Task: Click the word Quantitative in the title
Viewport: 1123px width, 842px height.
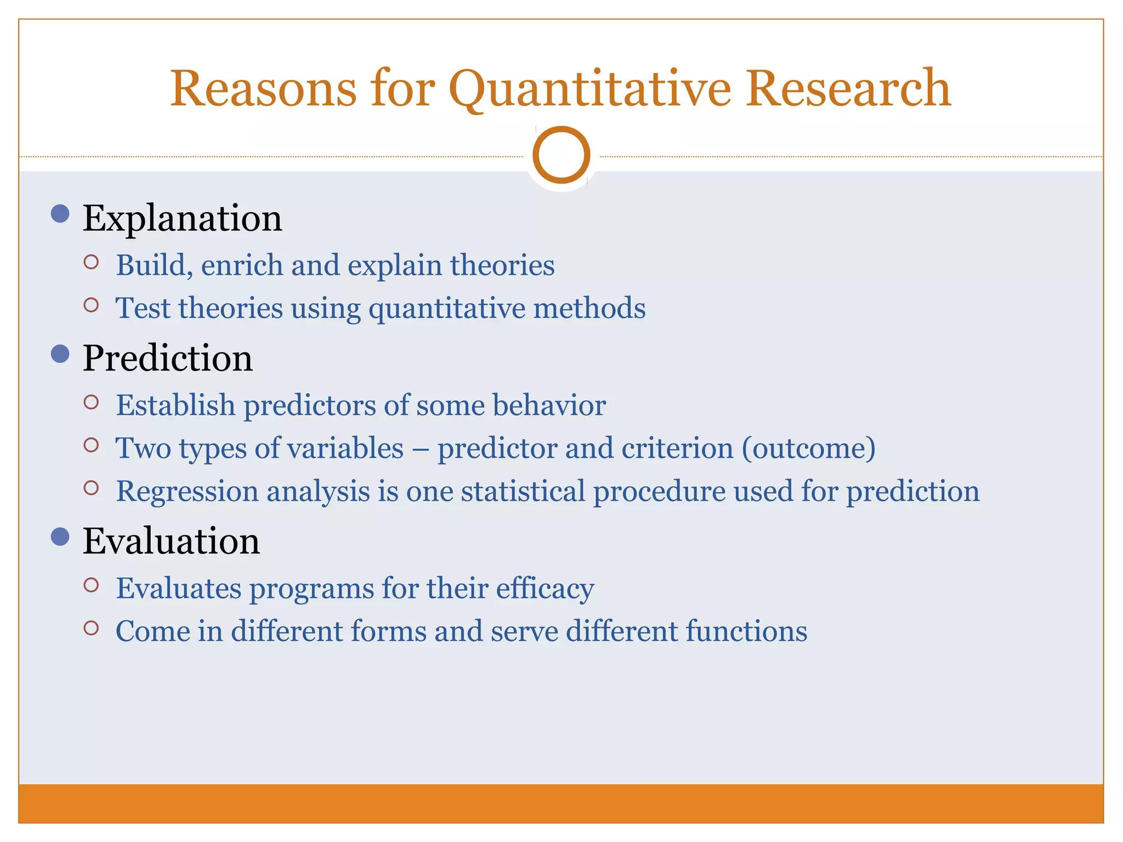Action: point(590,89)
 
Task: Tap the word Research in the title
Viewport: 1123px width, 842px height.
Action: point(848,88)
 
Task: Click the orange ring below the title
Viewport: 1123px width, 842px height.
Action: point(561,155)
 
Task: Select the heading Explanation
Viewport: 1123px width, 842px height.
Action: point(182,219)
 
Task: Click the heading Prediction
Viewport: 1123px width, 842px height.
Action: point(167,359)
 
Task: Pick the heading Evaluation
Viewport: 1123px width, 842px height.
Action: point(171,541)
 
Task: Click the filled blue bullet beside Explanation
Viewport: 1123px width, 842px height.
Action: point(60,213)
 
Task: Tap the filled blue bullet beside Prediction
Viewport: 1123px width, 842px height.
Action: point(60,354)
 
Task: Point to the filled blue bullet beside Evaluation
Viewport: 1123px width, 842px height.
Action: point(60,536)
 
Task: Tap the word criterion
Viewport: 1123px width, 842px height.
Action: point(677,448)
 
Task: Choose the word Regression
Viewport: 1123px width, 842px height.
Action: point(187,492)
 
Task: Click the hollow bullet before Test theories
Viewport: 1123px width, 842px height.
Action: point(92,305)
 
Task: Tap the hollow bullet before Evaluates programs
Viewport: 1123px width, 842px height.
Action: point(92,585)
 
